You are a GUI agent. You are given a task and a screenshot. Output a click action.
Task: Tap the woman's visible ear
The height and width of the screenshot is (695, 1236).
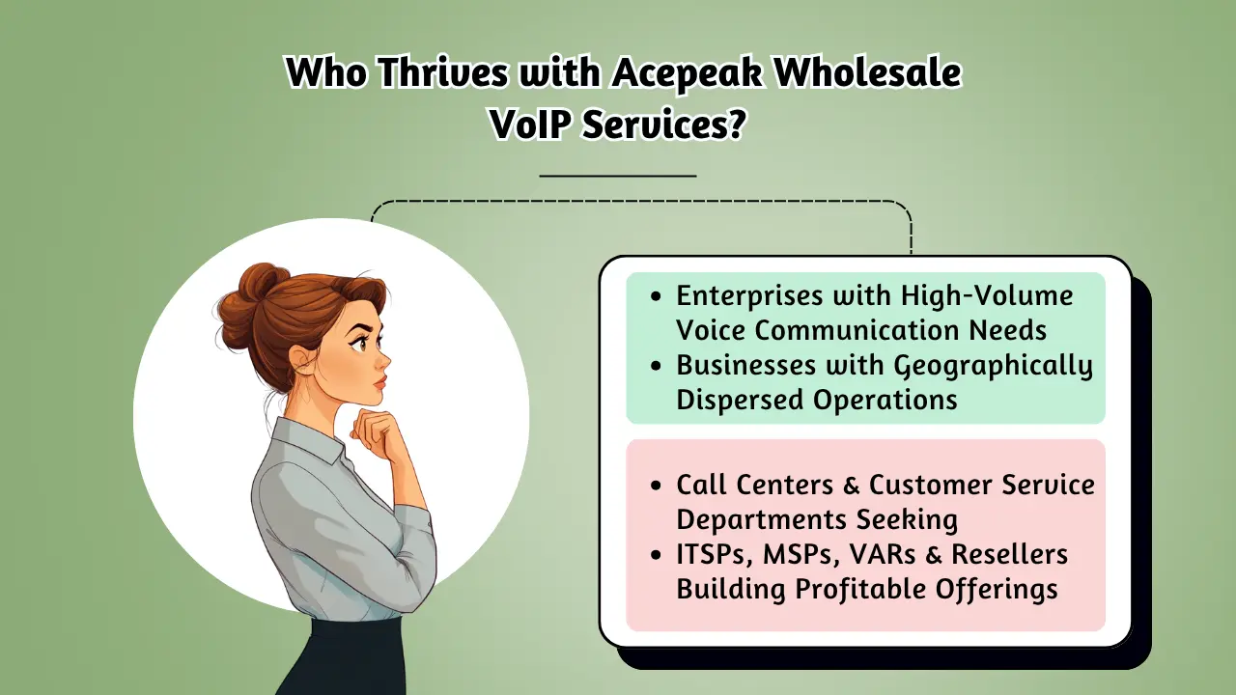tap(302, 359)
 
